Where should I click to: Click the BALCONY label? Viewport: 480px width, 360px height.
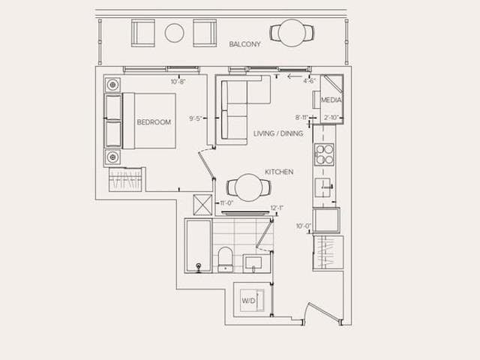point(245,44)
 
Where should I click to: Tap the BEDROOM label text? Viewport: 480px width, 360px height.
point(154,122)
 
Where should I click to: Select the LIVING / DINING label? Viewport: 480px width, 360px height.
point(278,133)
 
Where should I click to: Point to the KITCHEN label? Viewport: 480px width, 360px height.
point(279,172)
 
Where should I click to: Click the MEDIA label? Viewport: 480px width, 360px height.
point(331,100)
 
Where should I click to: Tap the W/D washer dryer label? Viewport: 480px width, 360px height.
point(248,301)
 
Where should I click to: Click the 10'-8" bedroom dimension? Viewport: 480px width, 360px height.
point(178,82)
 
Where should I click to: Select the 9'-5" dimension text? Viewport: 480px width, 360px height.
point(196,118)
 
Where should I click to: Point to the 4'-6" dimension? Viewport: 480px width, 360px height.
point(309,81)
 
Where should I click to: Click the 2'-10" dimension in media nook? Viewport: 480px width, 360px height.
point(331,118)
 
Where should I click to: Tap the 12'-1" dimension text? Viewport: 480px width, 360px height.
point(277,208)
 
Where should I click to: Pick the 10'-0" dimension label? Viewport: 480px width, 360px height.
point(303,226)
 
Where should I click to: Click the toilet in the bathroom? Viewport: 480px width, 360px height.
point(226,259)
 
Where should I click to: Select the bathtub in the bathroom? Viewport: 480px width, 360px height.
point(198,246)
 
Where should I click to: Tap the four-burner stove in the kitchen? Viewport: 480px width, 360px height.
point(324,154)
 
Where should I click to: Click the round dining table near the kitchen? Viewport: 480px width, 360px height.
point(248,187)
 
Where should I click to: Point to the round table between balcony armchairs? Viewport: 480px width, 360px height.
point(175,33)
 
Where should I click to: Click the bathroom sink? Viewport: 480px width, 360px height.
point(253,263)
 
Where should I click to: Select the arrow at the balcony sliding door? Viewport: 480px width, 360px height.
point(294,76)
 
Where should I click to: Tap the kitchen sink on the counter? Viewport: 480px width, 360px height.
point(324,187)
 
